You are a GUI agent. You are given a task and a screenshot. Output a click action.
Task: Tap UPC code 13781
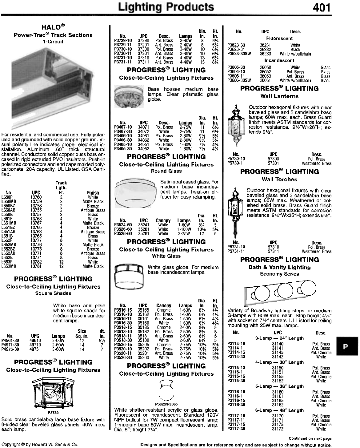(36, 266)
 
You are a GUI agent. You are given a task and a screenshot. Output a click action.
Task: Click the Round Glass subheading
(166, 171)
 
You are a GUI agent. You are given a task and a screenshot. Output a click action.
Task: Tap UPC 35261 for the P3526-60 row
(144, 229)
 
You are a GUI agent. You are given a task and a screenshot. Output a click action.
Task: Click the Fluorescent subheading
(279, 38)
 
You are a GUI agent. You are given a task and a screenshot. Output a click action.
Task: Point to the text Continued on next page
(310, 438)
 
